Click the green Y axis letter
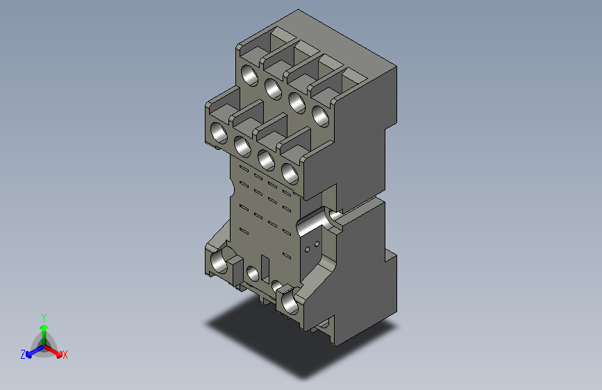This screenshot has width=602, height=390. pyautogui.click(x=43, y=316)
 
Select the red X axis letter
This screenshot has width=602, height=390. pyautogui.click(x=65, y=355)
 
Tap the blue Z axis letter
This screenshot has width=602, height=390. pyautogui.click(x=23, y=355)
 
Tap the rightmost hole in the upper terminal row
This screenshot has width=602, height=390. pyautogui.click(x=320, y=116)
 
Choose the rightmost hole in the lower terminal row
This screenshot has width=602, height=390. pyautogui.click(x=289, y=172)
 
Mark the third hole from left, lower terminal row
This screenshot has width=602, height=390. pyautogui.click(x=265, y=158)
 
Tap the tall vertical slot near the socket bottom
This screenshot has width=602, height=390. pyautogui.click(x=265, y=268)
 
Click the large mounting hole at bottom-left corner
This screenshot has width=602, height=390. pyautogui.click(x=220, y=262)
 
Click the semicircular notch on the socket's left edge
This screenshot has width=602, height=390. pyautogui.click(x=228, y=188)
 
